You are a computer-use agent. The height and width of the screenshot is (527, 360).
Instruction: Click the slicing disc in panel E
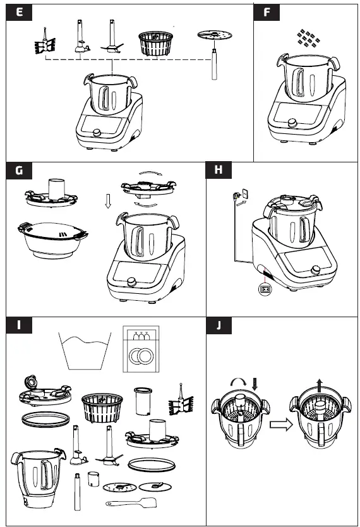click(214, 36)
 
